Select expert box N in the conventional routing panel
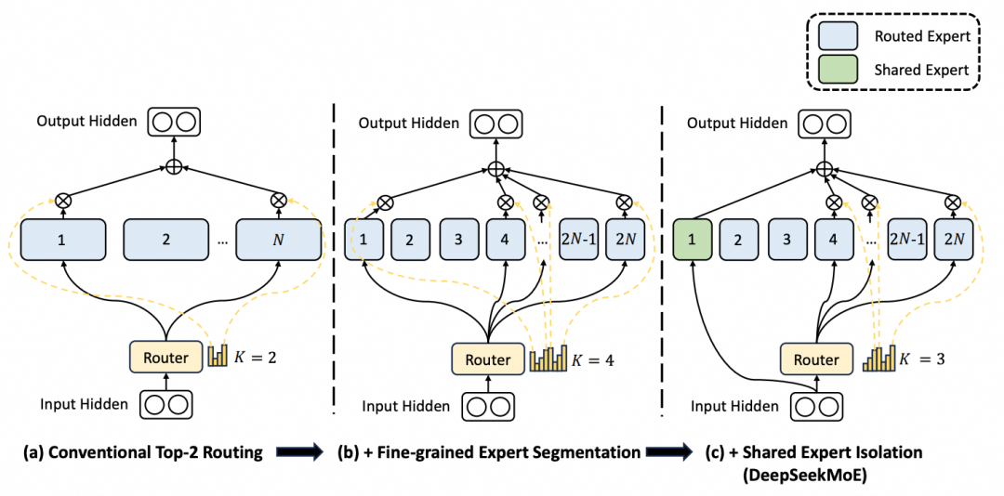click(x=277, y=240)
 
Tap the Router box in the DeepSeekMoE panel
click(x=814, y=359)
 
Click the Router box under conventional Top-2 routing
click(x=165, y=357)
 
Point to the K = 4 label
click(x=591, y=359)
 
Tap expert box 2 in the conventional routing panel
click(x=165, y=240)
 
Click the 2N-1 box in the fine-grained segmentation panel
click(x=578, y=240)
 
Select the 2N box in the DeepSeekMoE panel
click(x=953, y=240)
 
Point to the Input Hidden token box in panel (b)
click(x=488, y=406)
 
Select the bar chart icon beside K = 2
click(x=218, y=355)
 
